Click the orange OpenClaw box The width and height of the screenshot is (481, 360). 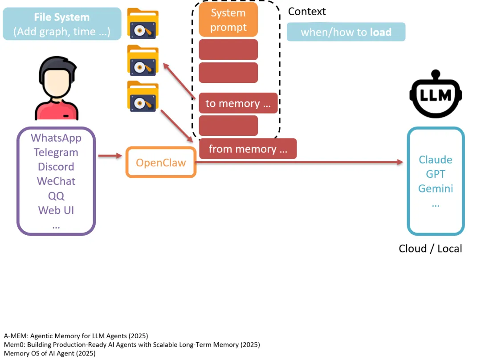tap(161, 162)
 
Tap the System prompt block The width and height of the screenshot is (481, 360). tap(228, 20)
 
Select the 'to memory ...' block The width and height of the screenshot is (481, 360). tap(238, 103)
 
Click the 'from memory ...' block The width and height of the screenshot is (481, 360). tap(248, 149)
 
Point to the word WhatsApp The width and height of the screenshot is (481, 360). tap(56, 138)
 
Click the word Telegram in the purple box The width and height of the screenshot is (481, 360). tap(56, 152)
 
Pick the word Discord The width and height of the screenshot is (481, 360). tap(56, 167)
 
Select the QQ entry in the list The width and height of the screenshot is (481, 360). tap(56, 196)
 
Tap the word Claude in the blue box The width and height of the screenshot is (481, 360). tap(436, 160)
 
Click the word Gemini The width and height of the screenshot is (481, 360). tap(436, 188)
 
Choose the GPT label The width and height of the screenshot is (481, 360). tap(436, 174)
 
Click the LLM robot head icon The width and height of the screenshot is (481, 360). tap(436, 94)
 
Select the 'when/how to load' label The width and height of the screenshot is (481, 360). tap(346, 32)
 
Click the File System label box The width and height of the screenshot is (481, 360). tap(62, 24)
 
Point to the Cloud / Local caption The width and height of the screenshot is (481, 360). tap(430, 249)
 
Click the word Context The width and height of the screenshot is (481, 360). tap(307, 11)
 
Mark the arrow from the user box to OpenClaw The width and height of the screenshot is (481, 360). tap(110, 156)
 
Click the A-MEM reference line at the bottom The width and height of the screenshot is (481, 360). tap(76, 335)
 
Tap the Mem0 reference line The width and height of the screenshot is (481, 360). tap(132, 344)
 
